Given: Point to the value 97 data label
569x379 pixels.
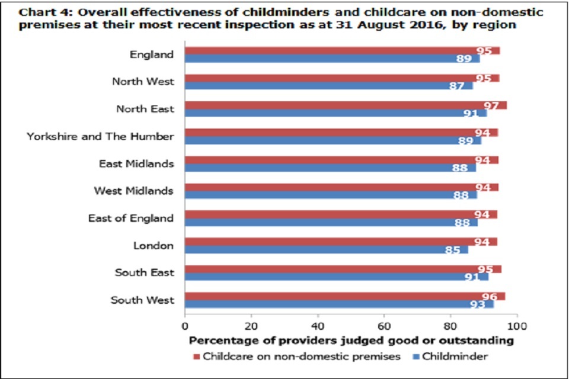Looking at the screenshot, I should point(491,105).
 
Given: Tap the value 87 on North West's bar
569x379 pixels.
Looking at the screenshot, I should point(457,86).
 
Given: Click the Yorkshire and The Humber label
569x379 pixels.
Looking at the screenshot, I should point(100,136).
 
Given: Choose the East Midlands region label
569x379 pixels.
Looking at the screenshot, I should point(136,163).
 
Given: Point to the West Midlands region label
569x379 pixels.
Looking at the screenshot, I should point(134,191).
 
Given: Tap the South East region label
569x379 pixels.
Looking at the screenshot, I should point(145,273).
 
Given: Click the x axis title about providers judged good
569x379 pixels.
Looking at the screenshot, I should point(351,341).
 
